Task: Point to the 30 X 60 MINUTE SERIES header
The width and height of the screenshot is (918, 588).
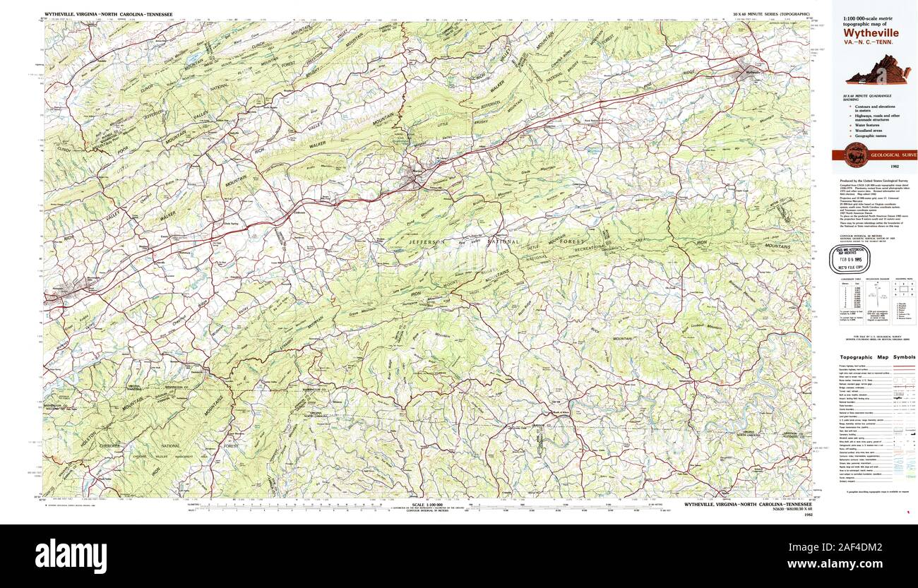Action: (x=771, y=14)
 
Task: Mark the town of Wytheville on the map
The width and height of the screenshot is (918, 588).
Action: (x=746, y=69)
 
